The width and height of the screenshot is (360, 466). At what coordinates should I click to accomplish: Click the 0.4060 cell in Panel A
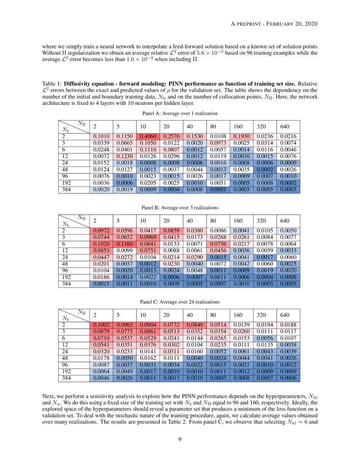pyautogui.click(x=147, y=136)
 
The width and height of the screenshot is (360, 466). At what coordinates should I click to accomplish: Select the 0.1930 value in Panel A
pyautogui.click(x=241, y=136)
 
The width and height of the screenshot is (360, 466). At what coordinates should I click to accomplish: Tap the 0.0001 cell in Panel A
pyautogui.click(x=217, y=190)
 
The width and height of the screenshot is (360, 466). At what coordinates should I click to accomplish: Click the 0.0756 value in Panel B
pyautogui.click(x=217, y=244)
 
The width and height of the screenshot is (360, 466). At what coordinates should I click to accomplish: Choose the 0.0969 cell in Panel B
pyautogui.click(x=147, y=237)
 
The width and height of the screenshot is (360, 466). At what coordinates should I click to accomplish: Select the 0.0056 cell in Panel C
pyautogui.click(x=264, y=338)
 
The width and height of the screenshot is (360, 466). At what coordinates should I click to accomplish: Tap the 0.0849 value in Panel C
pyautogui.click(x=194, y=325)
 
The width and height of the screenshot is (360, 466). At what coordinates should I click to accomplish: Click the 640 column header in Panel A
pyautogui.click(x=285, y=127)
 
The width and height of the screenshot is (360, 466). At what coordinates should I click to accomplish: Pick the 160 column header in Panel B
pyautogui.click(x=238, y=221)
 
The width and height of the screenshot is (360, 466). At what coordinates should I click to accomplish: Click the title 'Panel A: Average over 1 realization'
pyautogui.click(x=180, y=113)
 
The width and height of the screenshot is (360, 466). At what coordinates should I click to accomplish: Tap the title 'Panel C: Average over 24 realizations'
pyautogui.click(x=180, y=302)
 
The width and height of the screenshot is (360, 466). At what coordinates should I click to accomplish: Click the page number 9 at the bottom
pyautogui.click(x=180, y=438)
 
